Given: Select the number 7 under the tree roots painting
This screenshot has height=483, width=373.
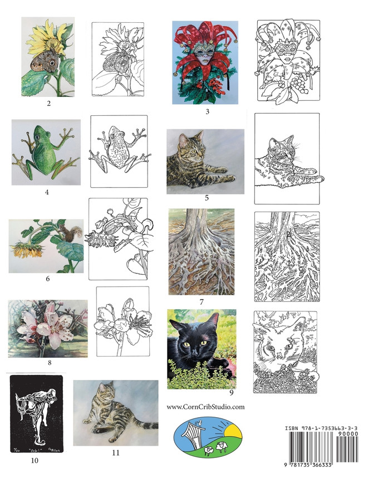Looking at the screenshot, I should click(x=201, y=302).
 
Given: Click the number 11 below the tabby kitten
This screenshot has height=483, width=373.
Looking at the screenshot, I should click(x=115, y=452).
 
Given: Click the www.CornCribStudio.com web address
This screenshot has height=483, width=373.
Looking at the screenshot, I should click(x=205, y=407).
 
